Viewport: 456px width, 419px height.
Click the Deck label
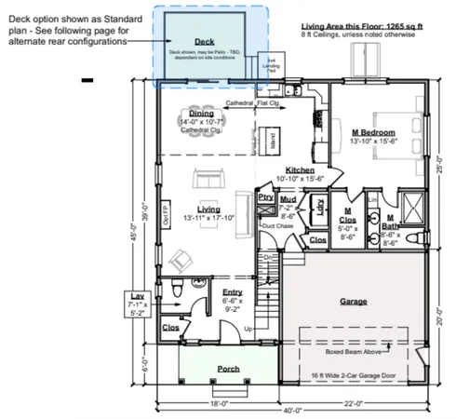204,42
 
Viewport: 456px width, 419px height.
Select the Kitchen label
300,169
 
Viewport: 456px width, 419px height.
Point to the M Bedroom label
374,132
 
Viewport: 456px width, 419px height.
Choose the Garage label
354,302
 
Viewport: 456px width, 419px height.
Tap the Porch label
229,370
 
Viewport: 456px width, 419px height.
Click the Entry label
232,292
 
